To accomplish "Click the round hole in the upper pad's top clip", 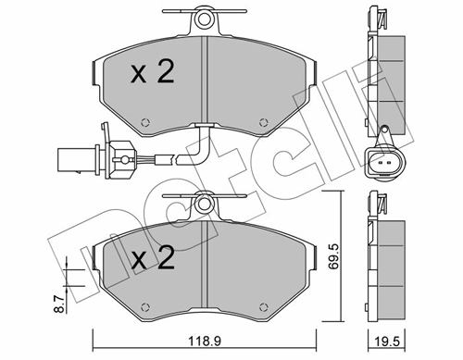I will pos(204,19).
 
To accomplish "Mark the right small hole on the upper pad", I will pos(266,120).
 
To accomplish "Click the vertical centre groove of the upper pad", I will pos(204,83).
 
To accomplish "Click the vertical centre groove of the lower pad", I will pos(204,268).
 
